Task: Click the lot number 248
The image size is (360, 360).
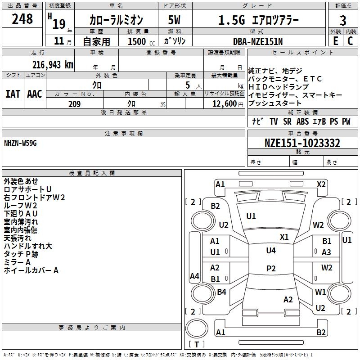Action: (22, 19)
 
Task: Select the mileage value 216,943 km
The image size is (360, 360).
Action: (53, 64)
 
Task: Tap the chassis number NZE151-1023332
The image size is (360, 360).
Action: (302, 144)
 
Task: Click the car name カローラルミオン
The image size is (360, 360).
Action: (116, 20)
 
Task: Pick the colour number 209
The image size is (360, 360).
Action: (75, 104)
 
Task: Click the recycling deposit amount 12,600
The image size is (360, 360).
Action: (224, 104)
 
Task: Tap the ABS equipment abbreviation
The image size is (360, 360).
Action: (302, 121)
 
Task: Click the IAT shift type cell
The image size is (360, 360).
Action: (13, 94)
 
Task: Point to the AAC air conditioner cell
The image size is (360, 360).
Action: (35, 94)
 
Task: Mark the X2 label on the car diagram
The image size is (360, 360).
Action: (321, 184)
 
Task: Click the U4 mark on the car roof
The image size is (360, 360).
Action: (270, 250)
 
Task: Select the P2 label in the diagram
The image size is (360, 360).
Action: (270, 269)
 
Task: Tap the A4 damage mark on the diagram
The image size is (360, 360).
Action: (194, 276)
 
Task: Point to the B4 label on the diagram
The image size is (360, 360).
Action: (221, 292)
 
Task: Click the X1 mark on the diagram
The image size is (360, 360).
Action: (284, 237)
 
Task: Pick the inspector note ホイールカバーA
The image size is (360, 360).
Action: (31, 270)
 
